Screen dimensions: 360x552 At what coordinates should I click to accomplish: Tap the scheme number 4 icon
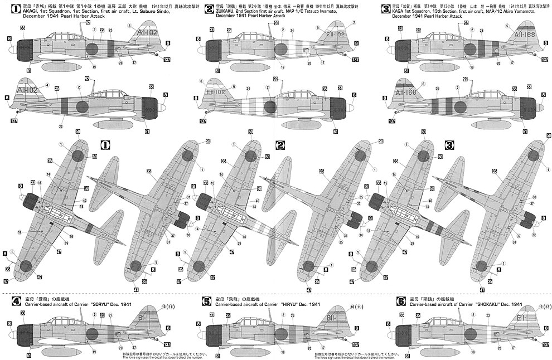(17, 301)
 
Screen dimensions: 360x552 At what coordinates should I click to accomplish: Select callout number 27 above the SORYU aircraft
(110, 315)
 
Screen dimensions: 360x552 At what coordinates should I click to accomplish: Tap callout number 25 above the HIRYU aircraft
(293, 315)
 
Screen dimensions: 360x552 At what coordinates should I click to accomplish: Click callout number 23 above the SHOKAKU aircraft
(488, 315)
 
